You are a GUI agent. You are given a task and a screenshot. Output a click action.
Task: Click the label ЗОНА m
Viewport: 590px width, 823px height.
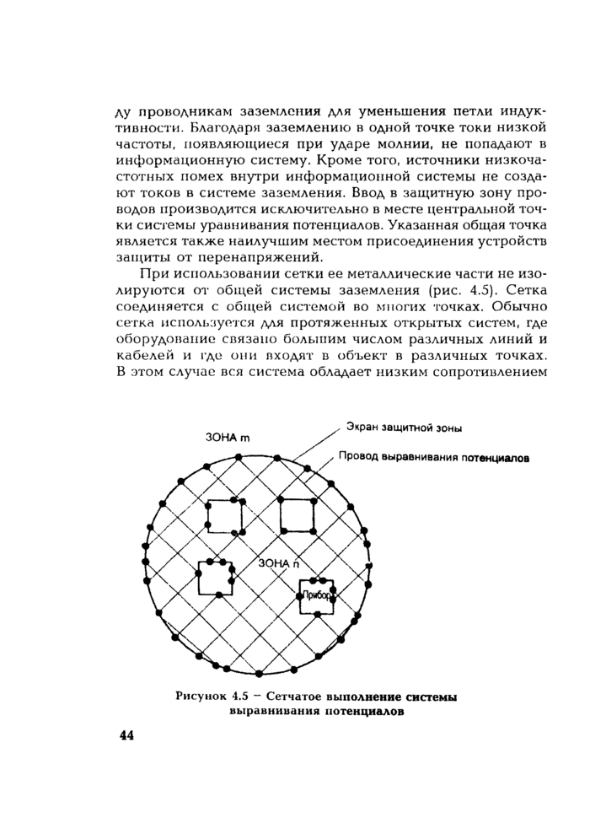tap(228, 438)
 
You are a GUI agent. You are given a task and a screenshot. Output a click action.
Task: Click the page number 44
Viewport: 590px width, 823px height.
tap(127, 735)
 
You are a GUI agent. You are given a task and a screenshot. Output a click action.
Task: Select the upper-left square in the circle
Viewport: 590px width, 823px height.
tap(226, 516)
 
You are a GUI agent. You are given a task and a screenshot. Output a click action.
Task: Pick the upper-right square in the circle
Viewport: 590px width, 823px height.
tap(297, 515)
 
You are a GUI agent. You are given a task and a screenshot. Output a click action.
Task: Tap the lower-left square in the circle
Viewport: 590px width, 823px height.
tap(215, 578)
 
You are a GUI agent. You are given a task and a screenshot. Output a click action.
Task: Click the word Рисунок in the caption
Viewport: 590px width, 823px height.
tap(198, 697)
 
